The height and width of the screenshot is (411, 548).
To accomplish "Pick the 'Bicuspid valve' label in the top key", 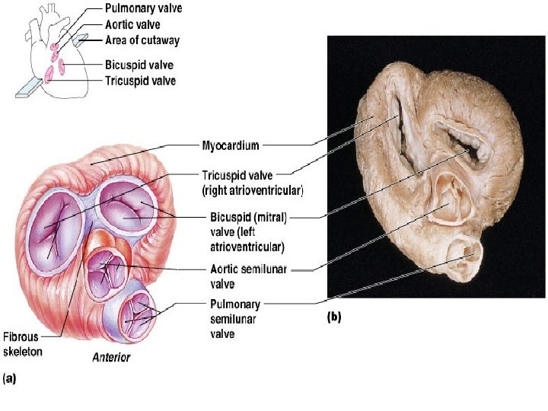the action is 138,64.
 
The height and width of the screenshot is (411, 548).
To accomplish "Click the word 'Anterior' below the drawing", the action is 110,357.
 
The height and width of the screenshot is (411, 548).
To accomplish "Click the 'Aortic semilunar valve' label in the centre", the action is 247,276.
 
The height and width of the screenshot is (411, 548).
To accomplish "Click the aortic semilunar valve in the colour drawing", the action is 106,269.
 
